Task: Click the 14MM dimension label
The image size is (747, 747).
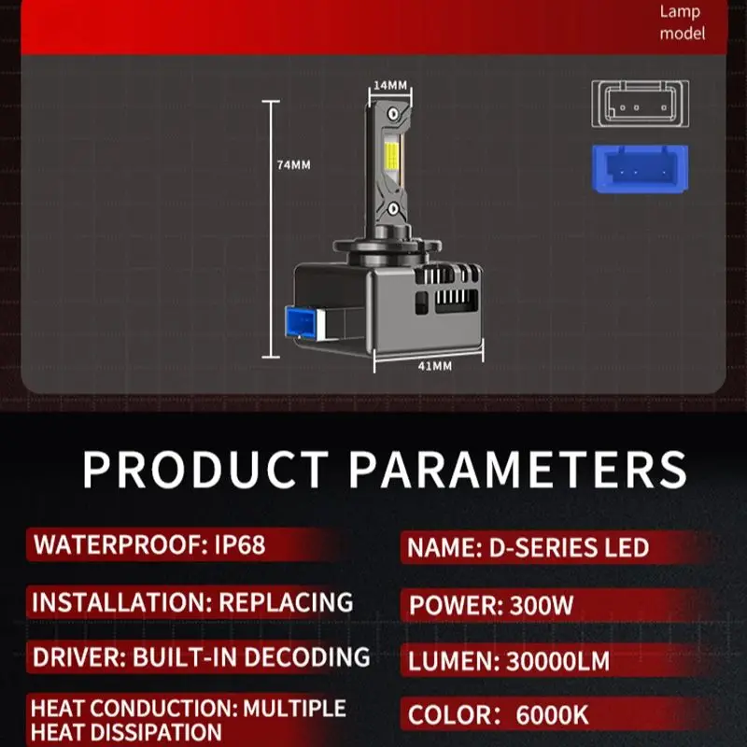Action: (390, 85)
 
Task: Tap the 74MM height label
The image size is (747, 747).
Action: (293, 165)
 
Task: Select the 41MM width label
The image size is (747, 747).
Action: (434, 366)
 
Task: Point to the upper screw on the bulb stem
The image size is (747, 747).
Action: (393, 114)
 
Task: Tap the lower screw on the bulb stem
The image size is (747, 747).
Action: (393, 208)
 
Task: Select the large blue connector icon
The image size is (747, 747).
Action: (640, 169)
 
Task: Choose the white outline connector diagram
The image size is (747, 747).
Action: (640, 104)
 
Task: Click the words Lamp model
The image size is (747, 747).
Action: (682, 22)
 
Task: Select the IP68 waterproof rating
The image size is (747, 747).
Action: (240, 544)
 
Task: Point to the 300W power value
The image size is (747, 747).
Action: (542, 605)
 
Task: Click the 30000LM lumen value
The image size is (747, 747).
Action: (557, 661)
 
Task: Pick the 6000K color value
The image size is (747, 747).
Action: (552, 715)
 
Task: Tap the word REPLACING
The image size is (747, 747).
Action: (286, 602)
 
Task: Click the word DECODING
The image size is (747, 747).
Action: (307, 657)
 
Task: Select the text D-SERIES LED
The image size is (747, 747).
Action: (569, 548)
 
